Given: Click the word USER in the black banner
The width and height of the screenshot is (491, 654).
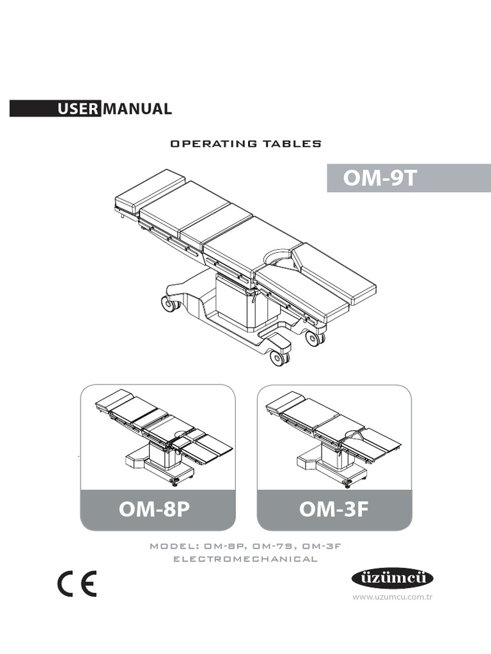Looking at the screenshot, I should tap(78, 109).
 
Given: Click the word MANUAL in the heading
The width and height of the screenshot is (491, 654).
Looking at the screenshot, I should tap(137, 109).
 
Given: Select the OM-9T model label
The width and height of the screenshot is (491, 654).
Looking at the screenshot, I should tap(380, 178).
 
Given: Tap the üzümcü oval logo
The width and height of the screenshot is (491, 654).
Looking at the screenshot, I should tap(393, 579).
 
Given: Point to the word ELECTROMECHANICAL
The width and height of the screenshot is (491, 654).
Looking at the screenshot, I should tap(245, 559).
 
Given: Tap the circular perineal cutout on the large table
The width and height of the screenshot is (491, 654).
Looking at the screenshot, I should tap(279, 255).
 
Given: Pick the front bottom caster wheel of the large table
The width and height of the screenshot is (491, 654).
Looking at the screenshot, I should tap(278, 358).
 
